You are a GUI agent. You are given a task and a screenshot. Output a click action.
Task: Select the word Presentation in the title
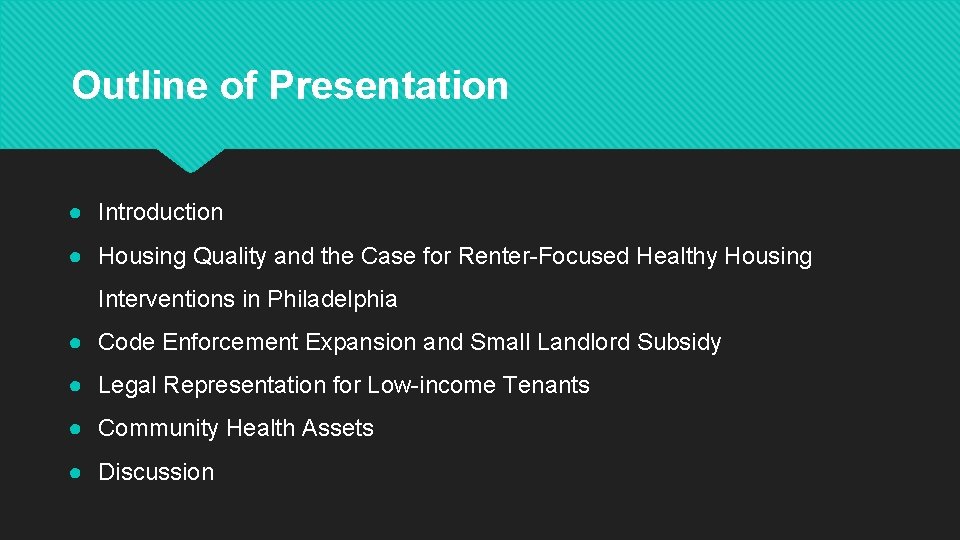click(388, 85)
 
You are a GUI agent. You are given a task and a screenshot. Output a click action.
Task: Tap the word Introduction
click(160, 212)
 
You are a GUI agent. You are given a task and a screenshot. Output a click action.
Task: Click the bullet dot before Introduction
click(76, 213)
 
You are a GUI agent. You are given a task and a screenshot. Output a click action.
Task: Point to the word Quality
click(230, 256)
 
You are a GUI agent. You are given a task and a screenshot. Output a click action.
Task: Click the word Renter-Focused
click(544, 256)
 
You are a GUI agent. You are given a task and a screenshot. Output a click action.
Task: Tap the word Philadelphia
click(332, 299)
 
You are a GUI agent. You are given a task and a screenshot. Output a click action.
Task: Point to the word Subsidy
click(679, 342)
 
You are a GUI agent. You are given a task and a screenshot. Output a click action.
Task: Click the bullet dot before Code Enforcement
click(76, 343)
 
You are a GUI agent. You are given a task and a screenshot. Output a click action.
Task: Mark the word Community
click(158, 428)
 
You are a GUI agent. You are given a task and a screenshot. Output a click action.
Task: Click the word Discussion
click(156, 472)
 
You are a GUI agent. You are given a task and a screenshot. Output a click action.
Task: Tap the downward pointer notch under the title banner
click(190, 160)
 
